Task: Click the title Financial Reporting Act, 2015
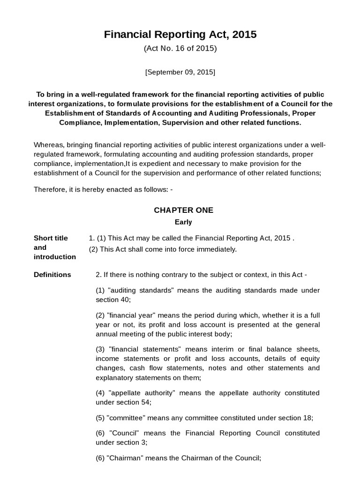tap(180, 35)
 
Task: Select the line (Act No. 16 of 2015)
tap(180, 48)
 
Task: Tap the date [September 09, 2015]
tap(180, 72)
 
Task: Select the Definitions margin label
tap(52, 275)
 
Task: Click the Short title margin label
tap(51, 238)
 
